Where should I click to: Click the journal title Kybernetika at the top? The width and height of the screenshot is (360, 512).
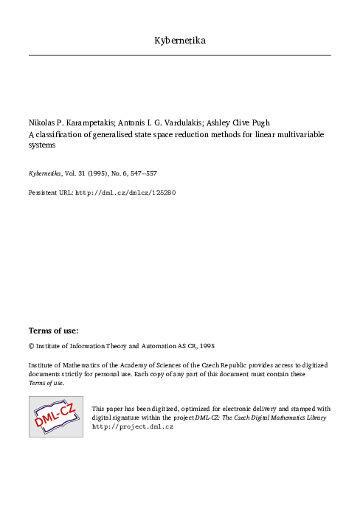(180, 39)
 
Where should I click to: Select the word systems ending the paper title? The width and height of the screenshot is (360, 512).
(42, 145)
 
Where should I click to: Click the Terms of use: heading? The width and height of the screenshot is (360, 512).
(53, 331)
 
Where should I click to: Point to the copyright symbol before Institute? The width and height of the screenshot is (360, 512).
(31, 345)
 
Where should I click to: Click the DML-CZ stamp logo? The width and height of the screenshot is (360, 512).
(55, 416)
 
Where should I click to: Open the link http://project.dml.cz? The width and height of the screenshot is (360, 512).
(132, 426)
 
